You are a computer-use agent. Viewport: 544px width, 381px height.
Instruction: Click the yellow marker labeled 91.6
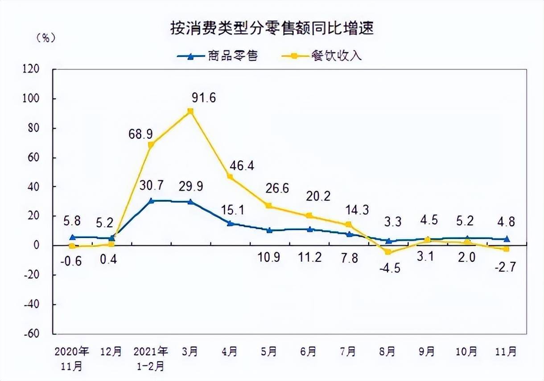pos(190,111)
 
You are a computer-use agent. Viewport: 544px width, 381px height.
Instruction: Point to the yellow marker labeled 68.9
pos(151,145)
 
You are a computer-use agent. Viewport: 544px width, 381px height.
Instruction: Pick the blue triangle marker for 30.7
pos(151,201)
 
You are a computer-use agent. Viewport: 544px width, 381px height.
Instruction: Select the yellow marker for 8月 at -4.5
pos(388,252)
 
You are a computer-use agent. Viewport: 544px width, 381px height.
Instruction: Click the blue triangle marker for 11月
pos(507,239)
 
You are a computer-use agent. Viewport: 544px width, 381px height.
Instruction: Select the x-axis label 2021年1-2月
pos(151,358)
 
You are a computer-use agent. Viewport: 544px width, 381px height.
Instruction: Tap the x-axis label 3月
pos(190,352)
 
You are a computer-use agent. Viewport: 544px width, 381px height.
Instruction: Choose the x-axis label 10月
pos(467,352)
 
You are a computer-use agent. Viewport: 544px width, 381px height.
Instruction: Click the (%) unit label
pos(45,38)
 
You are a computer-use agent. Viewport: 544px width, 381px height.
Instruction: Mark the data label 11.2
pos(309,259)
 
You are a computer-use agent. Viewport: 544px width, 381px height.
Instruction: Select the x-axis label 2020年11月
pos(72,358)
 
